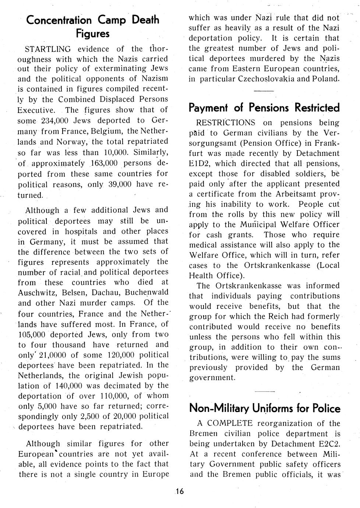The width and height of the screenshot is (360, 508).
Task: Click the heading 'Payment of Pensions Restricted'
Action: pos(264,107)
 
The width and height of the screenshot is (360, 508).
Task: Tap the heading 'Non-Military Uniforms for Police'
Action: pos(265,408)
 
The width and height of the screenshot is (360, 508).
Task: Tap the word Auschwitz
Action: pos(36,293)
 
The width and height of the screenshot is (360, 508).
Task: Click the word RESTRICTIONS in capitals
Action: pos(226,123)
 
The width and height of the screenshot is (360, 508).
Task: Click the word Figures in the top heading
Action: pos(93,34)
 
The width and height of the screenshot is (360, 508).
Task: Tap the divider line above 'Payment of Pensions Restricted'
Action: pos(264,91)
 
